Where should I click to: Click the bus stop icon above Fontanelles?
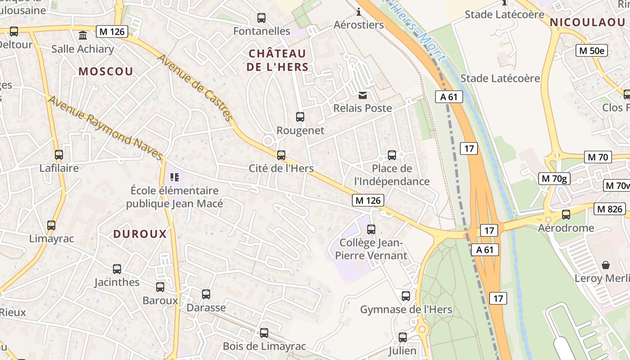261,18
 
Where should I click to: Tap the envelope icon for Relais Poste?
362,95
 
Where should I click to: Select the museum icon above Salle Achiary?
83,35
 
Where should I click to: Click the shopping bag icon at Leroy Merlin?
606,265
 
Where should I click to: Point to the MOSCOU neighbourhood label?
106,72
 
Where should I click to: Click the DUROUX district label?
140,234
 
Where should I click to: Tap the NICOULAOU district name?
587,22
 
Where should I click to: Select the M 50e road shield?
592,50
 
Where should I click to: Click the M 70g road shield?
555,179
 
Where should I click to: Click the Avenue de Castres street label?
195,88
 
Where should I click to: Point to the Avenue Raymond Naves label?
105,128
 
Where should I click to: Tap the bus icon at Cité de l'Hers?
281,155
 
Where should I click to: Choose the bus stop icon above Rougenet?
300,117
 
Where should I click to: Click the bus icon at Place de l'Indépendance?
392,155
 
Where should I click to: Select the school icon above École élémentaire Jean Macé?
175,177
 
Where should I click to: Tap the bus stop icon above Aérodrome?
566,215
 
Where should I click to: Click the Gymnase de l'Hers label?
406,310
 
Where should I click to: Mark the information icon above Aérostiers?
359,11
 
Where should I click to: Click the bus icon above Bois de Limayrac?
264,333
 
